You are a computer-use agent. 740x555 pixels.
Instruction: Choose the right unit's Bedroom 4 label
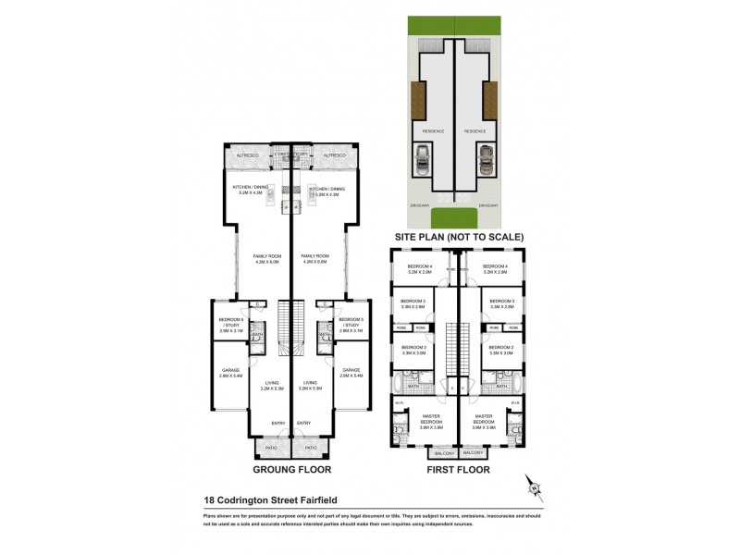[496, 269]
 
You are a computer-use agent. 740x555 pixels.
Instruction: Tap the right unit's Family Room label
[314, 258]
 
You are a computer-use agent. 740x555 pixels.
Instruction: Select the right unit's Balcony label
[473, 453]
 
